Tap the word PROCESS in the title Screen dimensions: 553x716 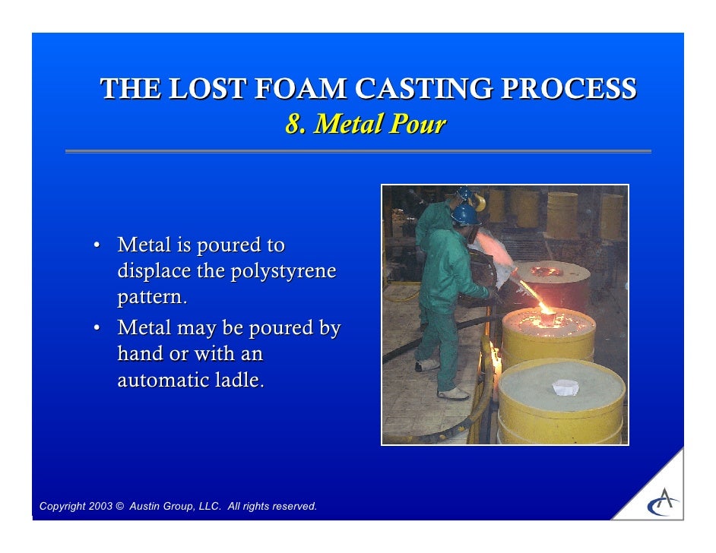click(574, 90)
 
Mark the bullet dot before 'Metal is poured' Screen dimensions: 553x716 click(97, 245)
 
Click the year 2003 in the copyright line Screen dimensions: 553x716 click(100, 507)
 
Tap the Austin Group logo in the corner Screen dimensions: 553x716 click(663, 502)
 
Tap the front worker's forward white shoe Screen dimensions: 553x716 click(454, 393)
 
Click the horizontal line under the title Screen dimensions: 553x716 click(358, 152)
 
